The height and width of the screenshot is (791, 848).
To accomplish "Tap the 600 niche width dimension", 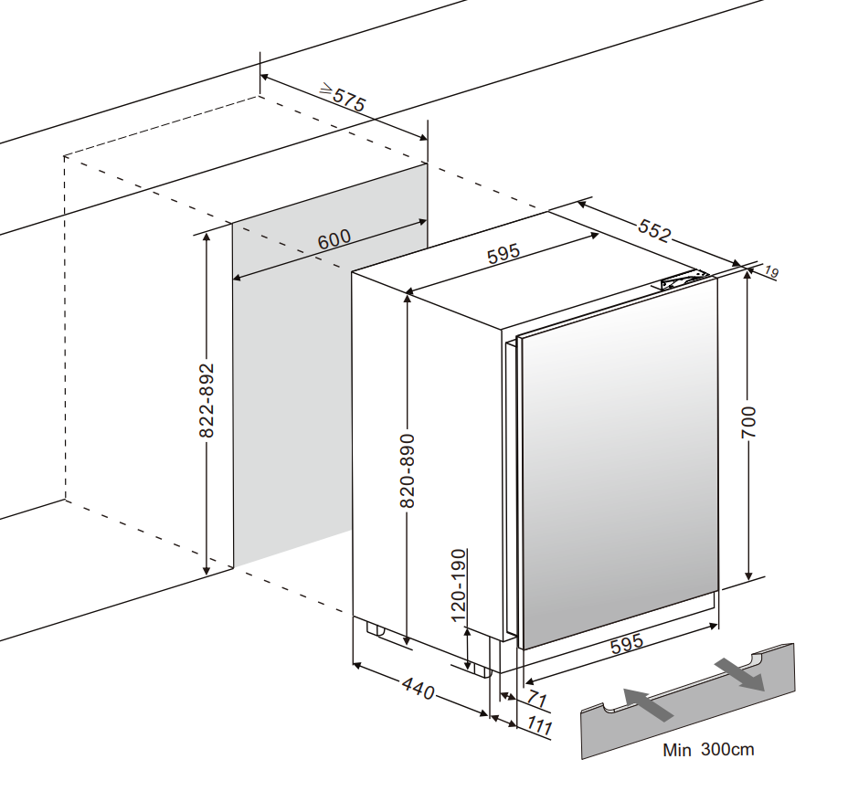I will click(x=334, y=240).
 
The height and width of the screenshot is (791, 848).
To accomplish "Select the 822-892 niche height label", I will click(x=207, y=399).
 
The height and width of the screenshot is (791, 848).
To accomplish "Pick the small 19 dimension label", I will click(x=772, y=271).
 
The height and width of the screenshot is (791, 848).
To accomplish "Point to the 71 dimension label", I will click(x=536, y=701).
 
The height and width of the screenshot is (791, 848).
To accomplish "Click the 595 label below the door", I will click(x=627, y=643).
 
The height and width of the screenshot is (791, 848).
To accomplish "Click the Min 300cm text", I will click(x=709, y=750).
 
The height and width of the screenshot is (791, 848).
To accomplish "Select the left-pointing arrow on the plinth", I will click(x=648, y=704).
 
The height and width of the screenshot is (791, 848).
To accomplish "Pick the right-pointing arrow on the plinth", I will click(x=740, y=672).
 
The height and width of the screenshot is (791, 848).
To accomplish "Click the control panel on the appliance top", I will click(x=682, y=281).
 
